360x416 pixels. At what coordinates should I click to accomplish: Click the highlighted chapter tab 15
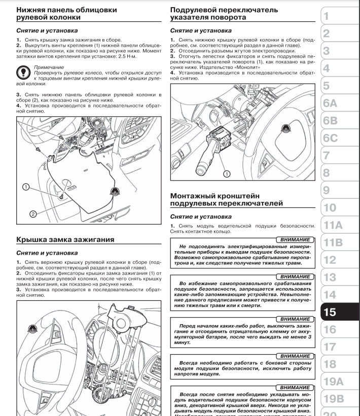(x=331, y=313)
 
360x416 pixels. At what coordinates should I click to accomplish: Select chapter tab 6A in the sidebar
(x=330, y=103)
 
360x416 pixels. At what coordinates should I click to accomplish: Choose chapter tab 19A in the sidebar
(x=333, y=382)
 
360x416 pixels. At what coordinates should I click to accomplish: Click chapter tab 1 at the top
(x=327, y=16)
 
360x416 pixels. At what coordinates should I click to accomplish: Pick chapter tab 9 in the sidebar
(x=327, y=190)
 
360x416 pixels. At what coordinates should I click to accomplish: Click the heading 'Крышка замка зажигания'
(x=65, y=239)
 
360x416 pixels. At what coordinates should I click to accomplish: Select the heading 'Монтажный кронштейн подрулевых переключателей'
(x=226, y=199)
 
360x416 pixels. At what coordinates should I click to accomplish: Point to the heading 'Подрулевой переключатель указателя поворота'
(x=224, y=14)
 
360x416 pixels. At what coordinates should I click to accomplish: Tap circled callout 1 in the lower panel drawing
(x=25, y=187)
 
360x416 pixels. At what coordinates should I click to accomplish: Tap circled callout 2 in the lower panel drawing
(x=33, y=214)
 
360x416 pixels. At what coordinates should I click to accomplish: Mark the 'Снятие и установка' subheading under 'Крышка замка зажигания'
(x=47, y=252)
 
